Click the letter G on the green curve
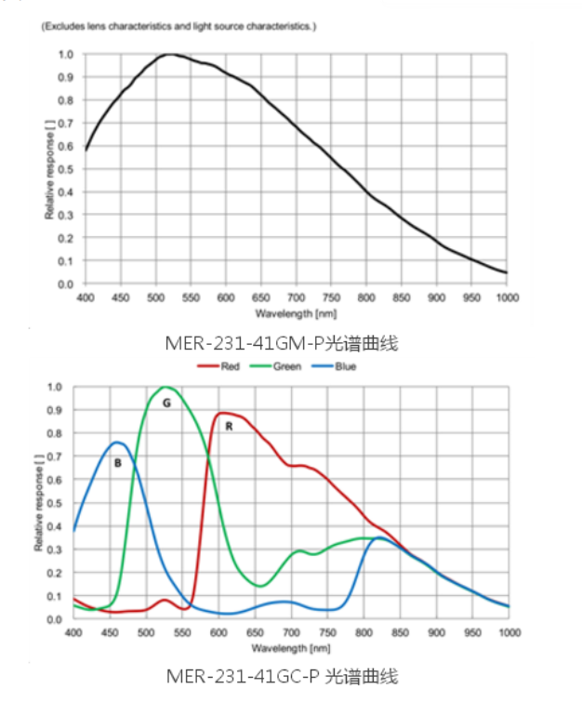[166, 403]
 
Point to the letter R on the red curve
[229, 427]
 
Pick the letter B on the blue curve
[118, 461]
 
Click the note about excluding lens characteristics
[179, 27]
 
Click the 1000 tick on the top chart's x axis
[507, 297]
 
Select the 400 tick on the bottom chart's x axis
[73, 633]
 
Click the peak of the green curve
[165, 387]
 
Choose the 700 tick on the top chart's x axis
[296, 297]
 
